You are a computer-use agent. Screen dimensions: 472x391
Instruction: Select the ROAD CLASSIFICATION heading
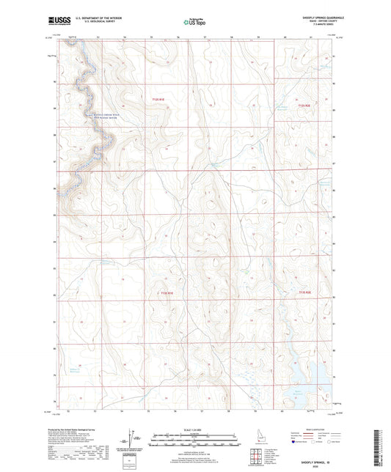point(312,427)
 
